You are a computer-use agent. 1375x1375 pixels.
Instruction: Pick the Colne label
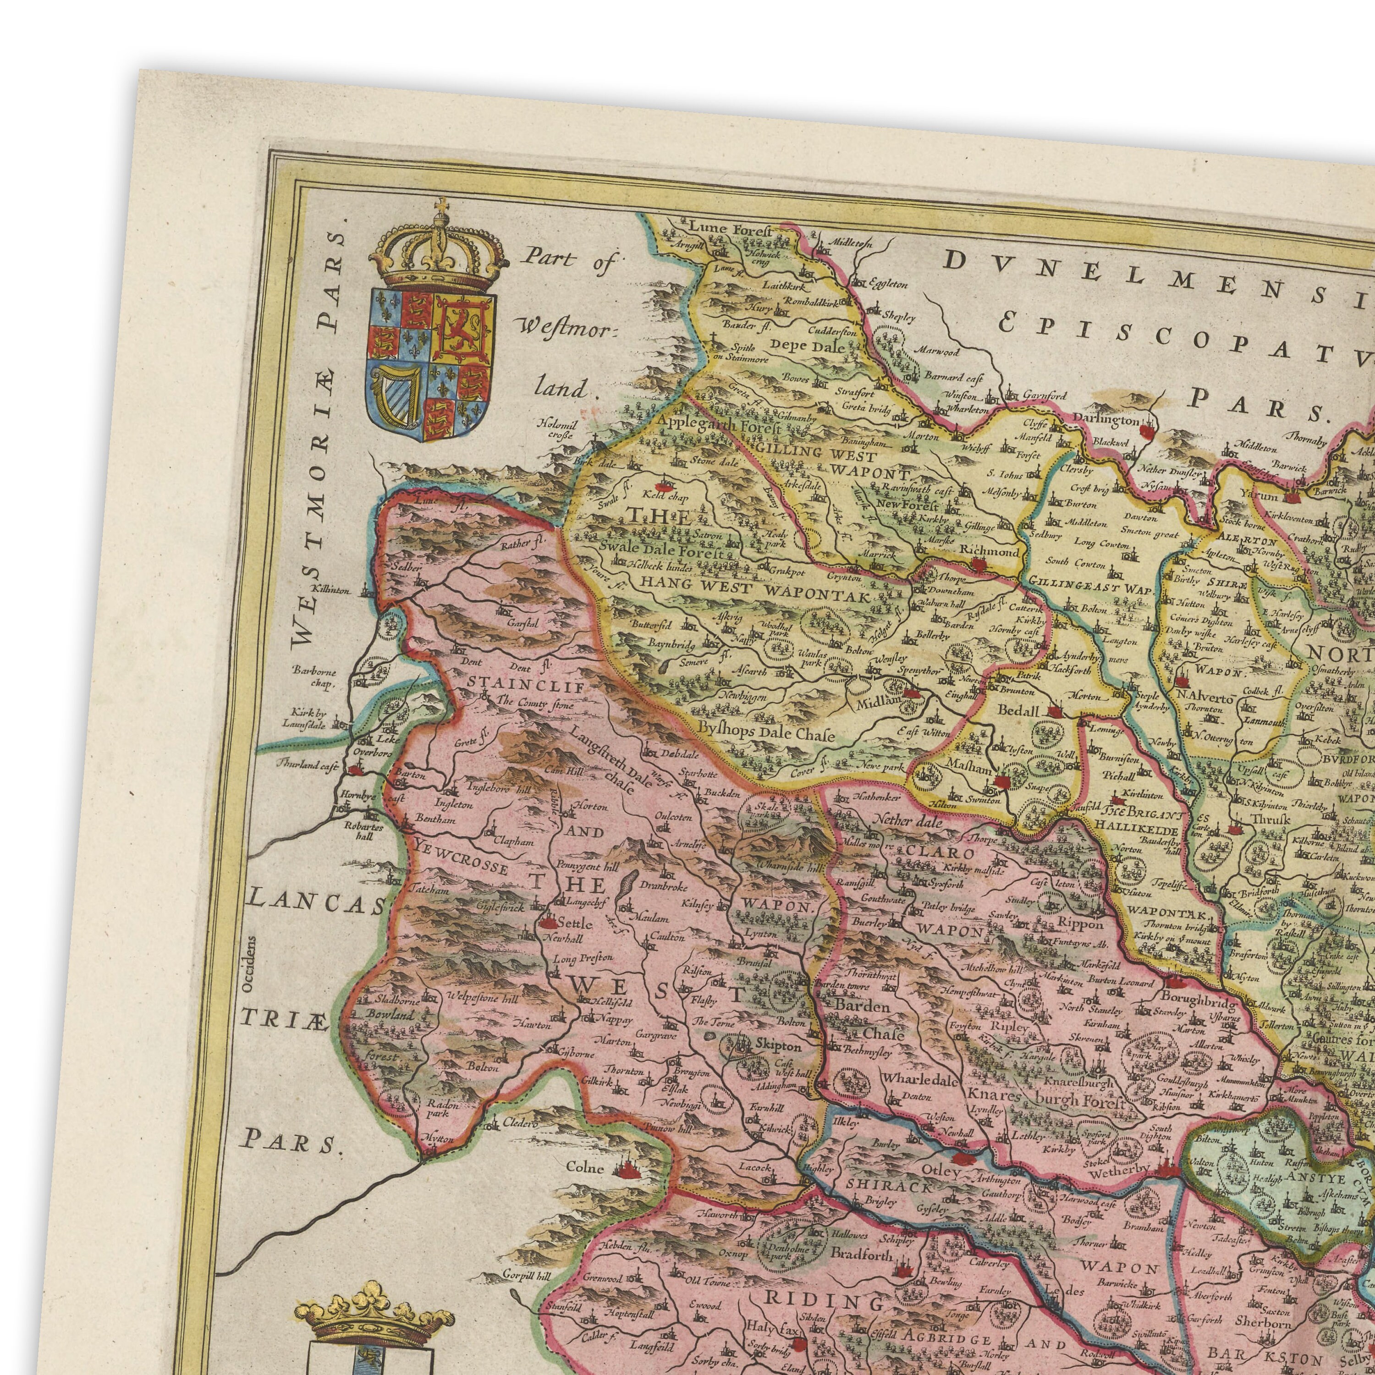[x=585, y=1168]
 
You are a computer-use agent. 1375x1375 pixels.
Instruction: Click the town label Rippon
[x=1082, y=924]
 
